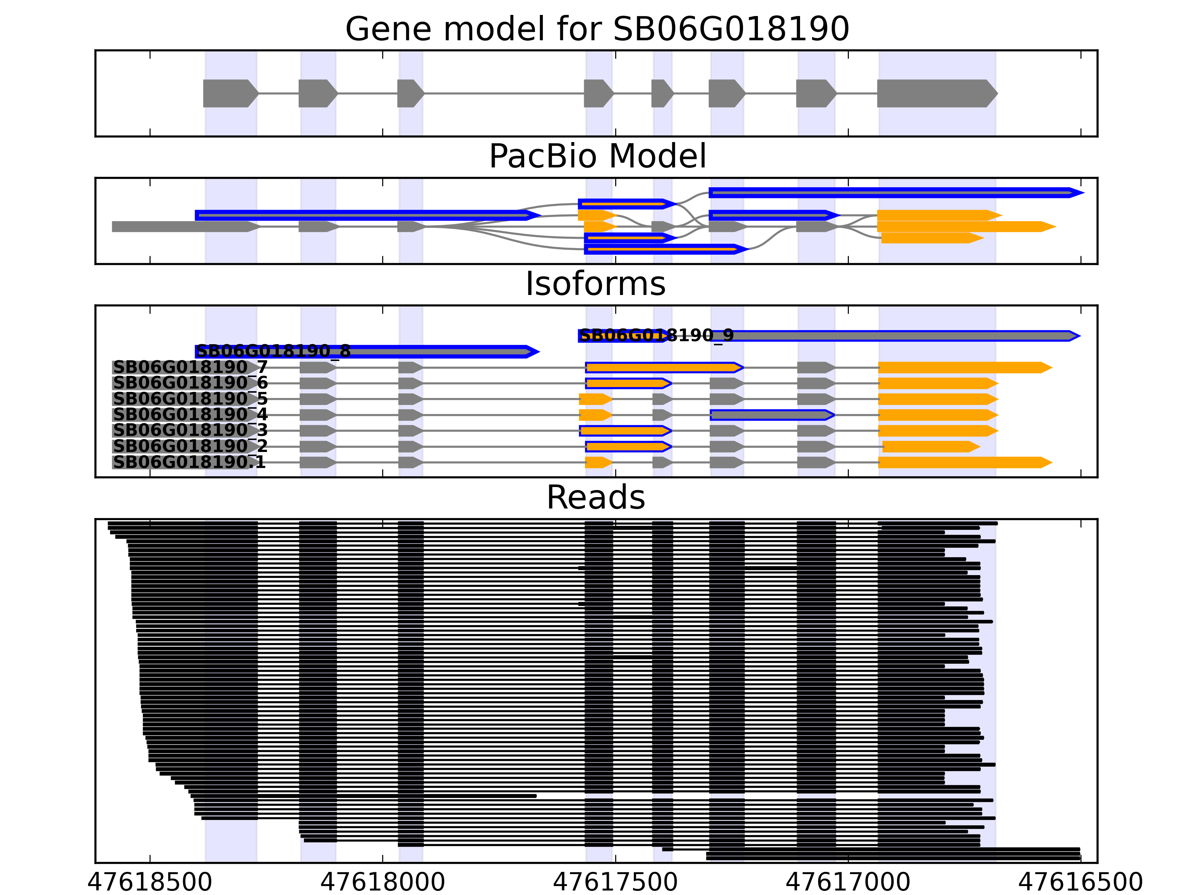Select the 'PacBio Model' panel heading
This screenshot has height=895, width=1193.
click(x=597, y=157)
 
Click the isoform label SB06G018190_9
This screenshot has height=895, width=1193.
click(x=656, y=336)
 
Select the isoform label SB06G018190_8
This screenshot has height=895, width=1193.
click(x=273, y=351)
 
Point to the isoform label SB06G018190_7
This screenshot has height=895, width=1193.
click(x=190, y=367)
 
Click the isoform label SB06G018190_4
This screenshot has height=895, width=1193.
click(x=190, y=415)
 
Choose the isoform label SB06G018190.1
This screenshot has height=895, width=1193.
click(x=189, y=462)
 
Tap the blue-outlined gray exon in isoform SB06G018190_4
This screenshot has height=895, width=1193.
click(x=771, y=415)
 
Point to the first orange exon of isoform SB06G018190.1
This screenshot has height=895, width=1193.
click(x=598, y=462)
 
